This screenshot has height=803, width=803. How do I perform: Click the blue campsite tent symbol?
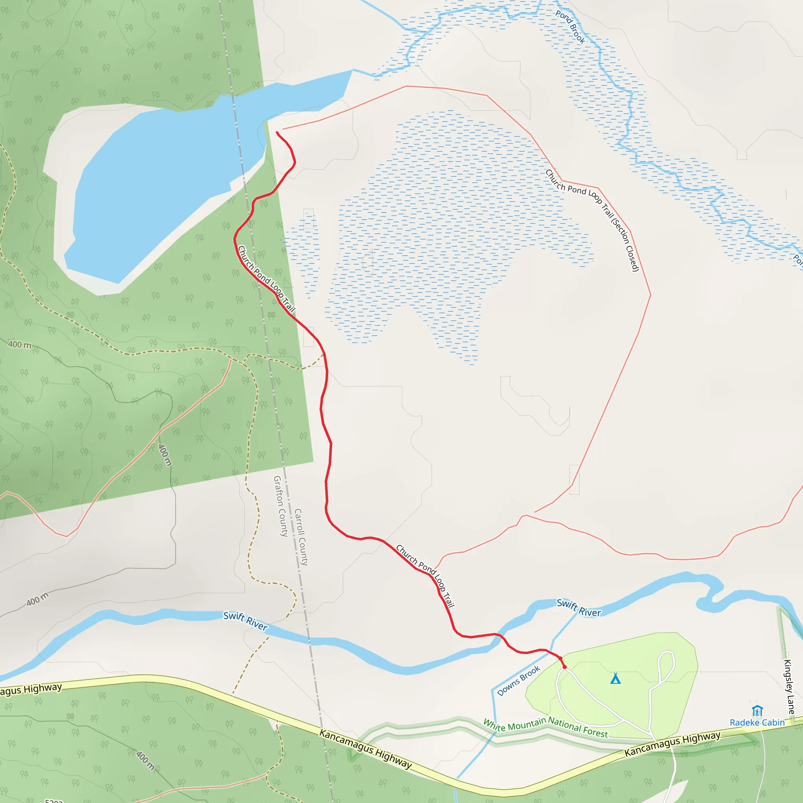(615, 679)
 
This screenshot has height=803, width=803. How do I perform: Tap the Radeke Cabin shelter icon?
(757, 711)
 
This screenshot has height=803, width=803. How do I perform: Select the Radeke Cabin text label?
(757, 723)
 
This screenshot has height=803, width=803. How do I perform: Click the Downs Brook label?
(518, 681)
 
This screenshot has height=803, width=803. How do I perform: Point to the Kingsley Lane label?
(788, 687)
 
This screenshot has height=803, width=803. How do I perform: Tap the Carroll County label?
(301, 537)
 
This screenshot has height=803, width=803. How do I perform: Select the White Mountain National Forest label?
(545, 727)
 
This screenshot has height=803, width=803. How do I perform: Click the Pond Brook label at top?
(570, 27)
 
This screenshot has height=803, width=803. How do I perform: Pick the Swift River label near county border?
(245, 621)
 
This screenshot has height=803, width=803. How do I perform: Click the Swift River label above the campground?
(579, 608)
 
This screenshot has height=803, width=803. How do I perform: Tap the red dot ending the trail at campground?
(565, 667)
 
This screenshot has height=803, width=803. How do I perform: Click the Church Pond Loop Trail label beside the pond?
(266, 279)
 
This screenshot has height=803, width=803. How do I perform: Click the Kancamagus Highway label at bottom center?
(365, 748)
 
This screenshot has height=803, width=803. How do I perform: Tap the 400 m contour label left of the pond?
(20, 345)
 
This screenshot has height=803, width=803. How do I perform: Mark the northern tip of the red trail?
(277, 133)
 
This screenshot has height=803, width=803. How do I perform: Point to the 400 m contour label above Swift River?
(37, 599)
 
